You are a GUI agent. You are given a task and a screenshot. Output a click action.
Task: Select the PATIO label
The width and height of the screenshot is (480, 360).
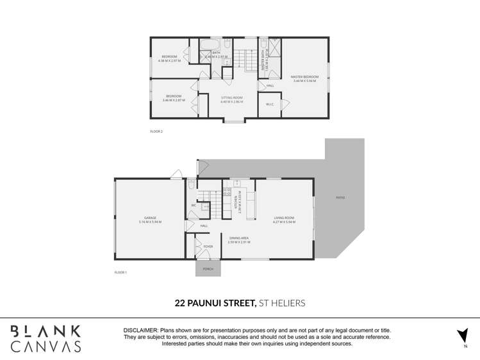click(x=340, y=197)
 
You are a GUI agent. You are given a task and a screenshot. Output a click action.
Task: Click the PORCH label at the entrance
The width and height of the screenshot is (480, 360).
click(x=208, y=269)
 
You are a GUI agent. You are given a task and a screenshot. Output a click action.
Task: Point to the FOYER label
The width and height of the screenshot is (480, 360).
click(x=208, y=246)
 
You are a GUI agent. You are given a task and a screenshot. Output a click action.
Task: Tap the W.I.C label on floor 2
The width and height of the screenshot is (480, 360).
click(x=270, y=105)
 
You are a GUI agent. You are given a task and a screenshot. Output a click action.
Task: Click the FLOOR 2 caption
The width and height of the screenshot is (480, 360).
click(x=156, y=131)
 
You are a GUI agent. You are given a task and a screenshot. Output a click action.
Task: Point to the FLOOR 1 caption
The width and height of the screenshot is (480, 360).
click(x=120, y=272)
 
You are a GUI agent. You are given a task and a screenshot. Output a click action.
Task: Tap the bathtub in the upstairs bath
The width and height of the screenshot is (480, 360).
click(x=210, y=45)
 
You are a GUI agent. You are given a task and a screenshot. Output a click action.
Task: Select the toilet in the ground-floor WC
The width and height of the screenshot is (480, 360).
click(x=192, y=186)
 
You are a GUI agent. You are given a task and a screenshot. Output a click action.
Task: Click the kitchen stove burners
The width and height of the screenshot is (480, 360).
click(x=227, y=191)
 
